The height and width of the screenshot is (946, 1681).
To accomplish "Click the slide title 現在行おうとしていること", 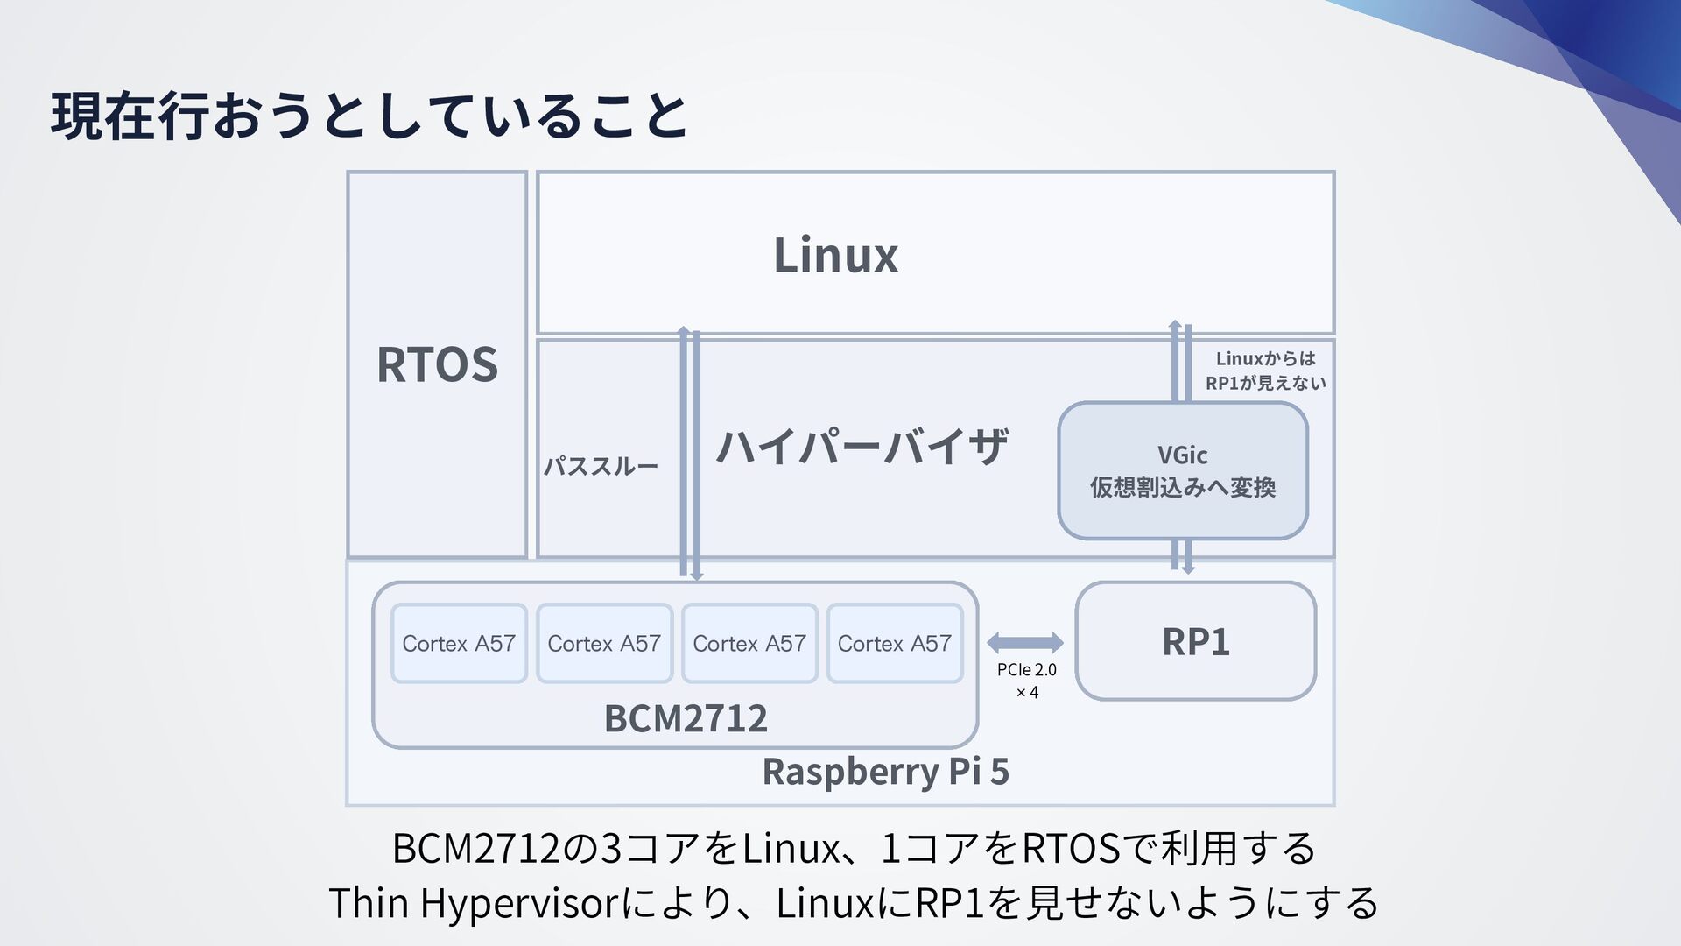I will point(369,116).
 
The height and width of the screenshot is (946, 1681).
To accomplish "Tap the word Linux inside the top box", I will point(835,256).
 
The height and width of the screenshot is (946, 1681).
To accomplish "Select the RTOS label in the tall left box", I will point(437,364).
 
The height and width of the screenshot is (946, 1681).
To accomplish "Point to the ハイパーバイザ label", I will point(862,447).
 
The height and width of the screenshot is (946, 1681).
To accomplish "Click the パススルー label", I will point(601,466).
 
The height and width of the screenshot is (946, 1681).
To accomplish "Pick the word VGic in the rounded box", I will point(1182,455).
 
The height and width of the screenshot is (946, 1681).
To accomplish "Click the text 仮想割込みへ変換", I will point(1182,487).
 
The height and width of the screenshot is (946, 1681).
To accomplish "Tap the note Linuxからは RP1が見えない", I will point(1265,371).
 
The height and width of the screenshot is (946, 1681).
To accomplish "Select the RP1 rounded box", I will point(1195,641).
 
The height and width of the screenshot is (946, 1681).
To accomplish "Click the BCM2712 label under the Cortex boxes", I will point(686,718).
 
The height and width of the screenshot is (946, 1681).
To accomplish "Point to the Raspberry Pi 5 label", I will point(885,772).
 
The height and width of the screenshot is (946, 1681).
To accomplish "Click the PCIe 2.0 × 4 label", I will point(1026,681).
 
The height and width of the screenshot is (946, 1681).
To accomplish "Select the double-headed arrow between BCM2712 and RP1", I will point(1024,643).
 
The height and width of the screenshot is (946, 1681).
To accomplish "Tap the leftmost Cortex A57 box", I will point(459,644).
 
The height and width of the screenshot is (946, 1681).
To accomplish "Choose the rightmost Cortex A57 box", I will point(894,644).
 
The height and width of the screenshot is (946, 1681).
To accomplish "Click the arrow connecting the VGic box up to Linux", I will point(1181,361).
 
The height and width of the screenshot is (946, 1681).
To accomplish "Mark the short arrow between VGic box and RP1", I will point(1181,556).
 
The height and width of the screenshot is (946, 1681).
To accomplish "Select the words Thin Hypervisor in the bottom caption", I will point(474,903).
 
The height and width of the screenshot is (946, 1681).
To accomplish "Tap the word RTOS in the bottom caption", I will point(1071,848).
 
